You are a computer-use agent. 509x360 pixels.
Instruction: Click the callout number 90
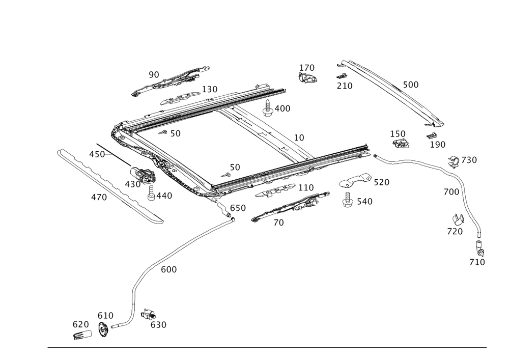(154, 75)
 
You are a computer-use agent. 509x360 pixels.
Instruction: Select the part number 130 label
(210, 89)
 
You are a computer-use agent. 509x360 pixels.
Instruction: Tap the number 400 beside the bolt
(282, 108)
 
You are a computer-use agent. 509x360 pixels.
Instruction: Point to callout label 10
(299, 137)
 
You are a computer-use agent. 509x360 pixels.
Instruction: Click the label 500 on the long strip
(410, 85)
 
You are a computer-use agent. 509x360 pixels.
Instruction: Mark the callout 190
(438, 145)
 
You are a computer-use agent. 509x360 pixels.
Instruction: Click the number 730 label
(469, 160)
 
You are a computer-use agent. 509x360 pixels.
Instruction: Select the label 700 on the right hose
(453, 192)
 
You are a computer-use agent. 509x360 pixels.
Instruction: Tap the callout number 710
(477, 262)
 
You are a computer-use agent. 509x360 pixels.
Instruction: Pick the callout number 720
(456, 231)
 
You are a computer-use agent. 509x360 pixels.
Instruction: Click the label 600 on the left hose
(169, 270)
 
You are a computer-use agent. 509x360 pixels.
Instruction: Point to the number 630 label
(159, 324)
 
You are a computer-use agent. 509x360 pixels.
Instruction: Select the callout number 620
(80, 324)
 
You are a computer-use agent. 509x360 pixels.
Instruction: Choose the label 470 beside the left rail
(99, 197)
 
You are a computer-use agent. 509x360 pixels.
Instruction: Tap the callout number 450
(97, 154)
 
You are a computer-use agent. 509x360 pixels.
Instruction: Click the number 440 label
(163, 195)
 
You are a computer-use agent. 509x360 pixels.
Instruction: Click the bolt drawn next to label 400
(268, 108)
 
